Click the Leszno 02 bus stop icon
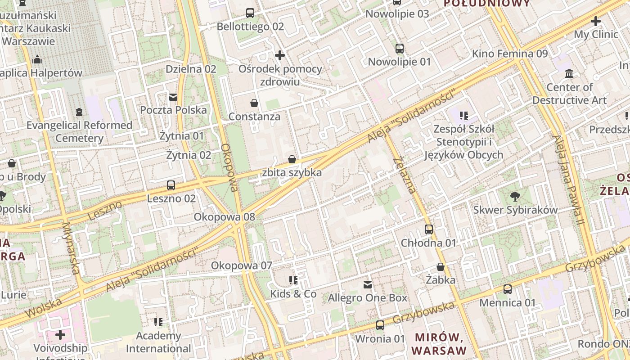[x=171, y=185]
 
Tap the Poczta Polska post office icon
[x=173, y=97]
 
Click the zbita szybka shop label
[x=292, y=173]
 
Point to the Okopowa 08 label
[x=224, y=217]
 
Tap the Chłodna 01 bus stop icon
[x=429, y=229]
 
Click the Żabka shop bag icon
[x=441, y=267]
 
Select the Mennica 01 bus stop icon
[x=508, y=289]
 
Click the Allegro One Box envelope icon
[x=368, y=284]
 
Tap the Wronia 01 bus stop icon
[x=380, y=325]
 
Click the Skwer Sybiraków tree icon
[x=515, y=196]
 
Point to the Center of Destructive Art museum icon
[x=569, y=73]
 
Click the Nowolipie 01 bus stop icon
[x=400, y=49]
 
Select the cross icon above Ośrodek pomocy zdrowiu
[x=280, y=55]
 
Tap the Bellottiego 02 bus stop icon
[x=250, y=13]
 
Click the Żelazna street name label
[x=405, y=175]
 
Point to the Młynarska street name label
[x=71, y=248]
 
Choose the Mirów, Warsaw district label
[x=439, y=344]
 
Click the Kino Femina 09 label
[x=510, y=54]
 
